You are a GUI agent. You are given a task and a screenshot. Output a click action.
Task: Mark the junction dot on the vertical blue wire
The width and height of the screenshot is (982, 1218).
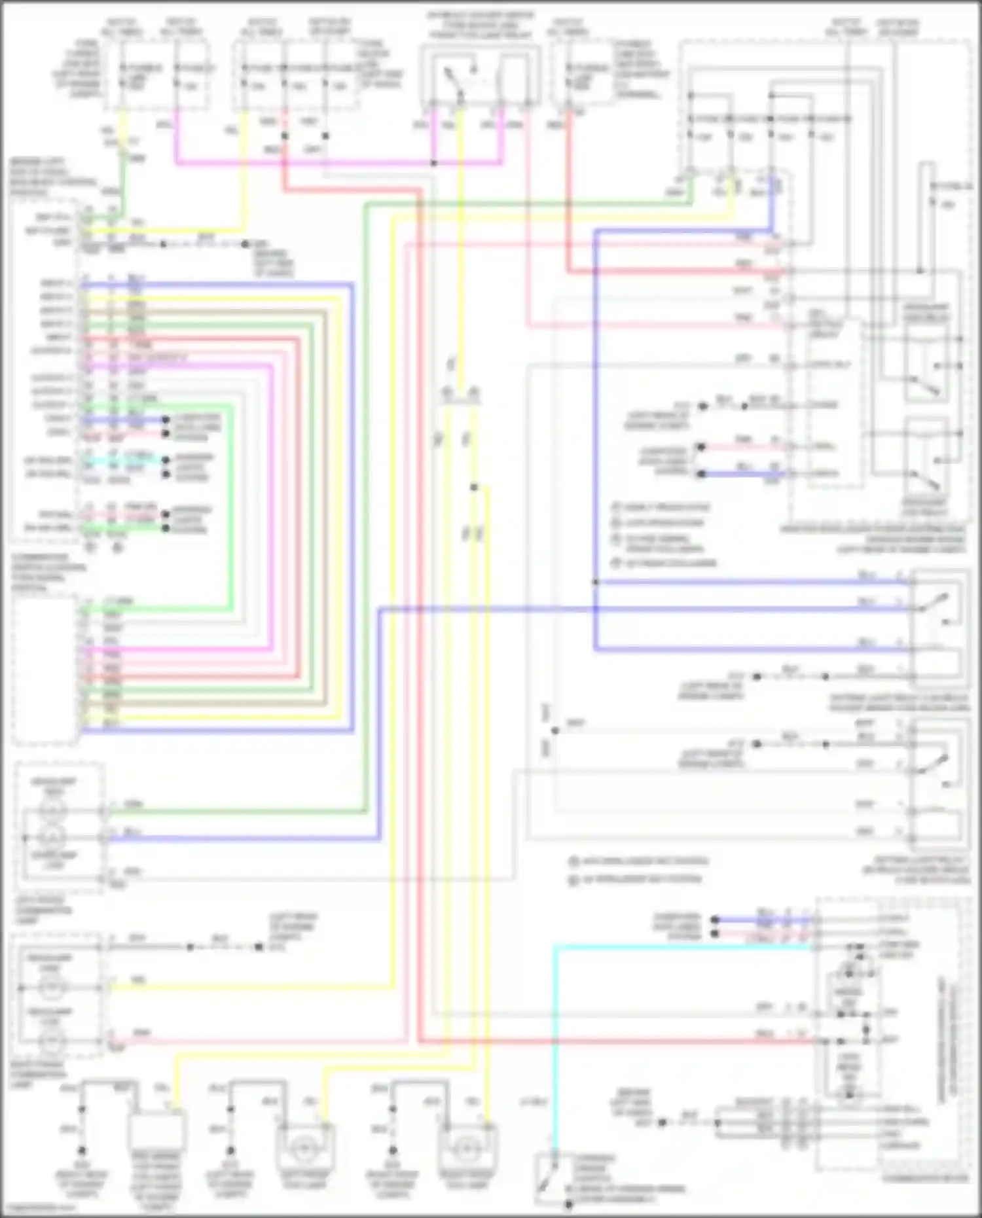pos(595,582)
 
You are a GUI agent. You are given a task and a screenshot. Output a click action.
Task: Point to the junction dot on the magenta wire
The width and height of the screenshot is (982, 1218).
pos(433,162)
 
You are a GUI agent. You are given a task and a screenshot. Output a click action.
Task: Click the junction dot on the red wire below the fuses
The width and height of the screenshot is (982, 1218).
pos(285,136)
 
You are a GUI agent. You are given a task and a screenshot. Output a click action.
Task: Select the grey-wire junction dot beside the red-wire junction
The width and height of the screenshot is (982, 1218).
pos(325,136)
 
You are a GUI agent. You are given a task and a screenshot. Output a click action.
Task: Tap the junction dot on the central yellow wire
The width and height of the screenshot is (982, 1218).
pos(474,487)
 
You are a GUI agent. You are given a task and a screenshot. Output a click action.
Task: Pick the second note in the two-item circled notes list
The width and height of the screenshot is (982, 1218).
pos(635,879)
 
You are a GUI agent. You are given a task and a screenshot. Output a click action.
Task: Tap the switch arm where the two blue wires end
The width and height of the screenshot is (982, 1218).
pos(933,602)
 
